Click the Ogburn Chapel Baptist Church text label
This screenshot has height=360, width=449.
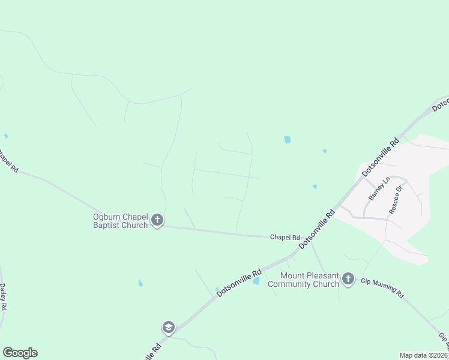120,221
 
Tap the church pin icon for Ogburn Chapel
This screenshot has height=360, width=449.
157,220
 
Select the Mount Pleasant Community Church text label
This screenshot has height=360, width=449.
304,280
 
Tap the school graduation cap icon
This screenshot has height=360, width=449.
169,328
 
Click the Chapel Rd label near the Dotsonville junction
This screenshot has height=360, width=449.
285,238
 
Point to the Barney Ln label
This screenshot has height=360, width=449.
376,188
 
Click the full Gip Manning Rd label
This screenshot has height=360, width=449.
382,287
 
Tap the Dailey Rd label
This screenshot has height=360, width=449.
4,296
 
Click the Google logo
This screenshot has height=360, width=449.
20,353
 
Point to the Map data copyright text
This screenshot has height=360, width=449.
424,355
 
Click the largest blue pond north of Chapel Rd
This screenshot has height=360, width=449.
287,140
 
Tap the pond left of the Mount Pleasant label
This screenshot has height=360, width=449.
256,281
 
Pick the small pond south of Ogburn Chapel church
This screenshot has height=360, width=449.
140,283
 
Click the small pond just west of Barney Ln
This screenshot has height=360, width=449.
315,187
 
